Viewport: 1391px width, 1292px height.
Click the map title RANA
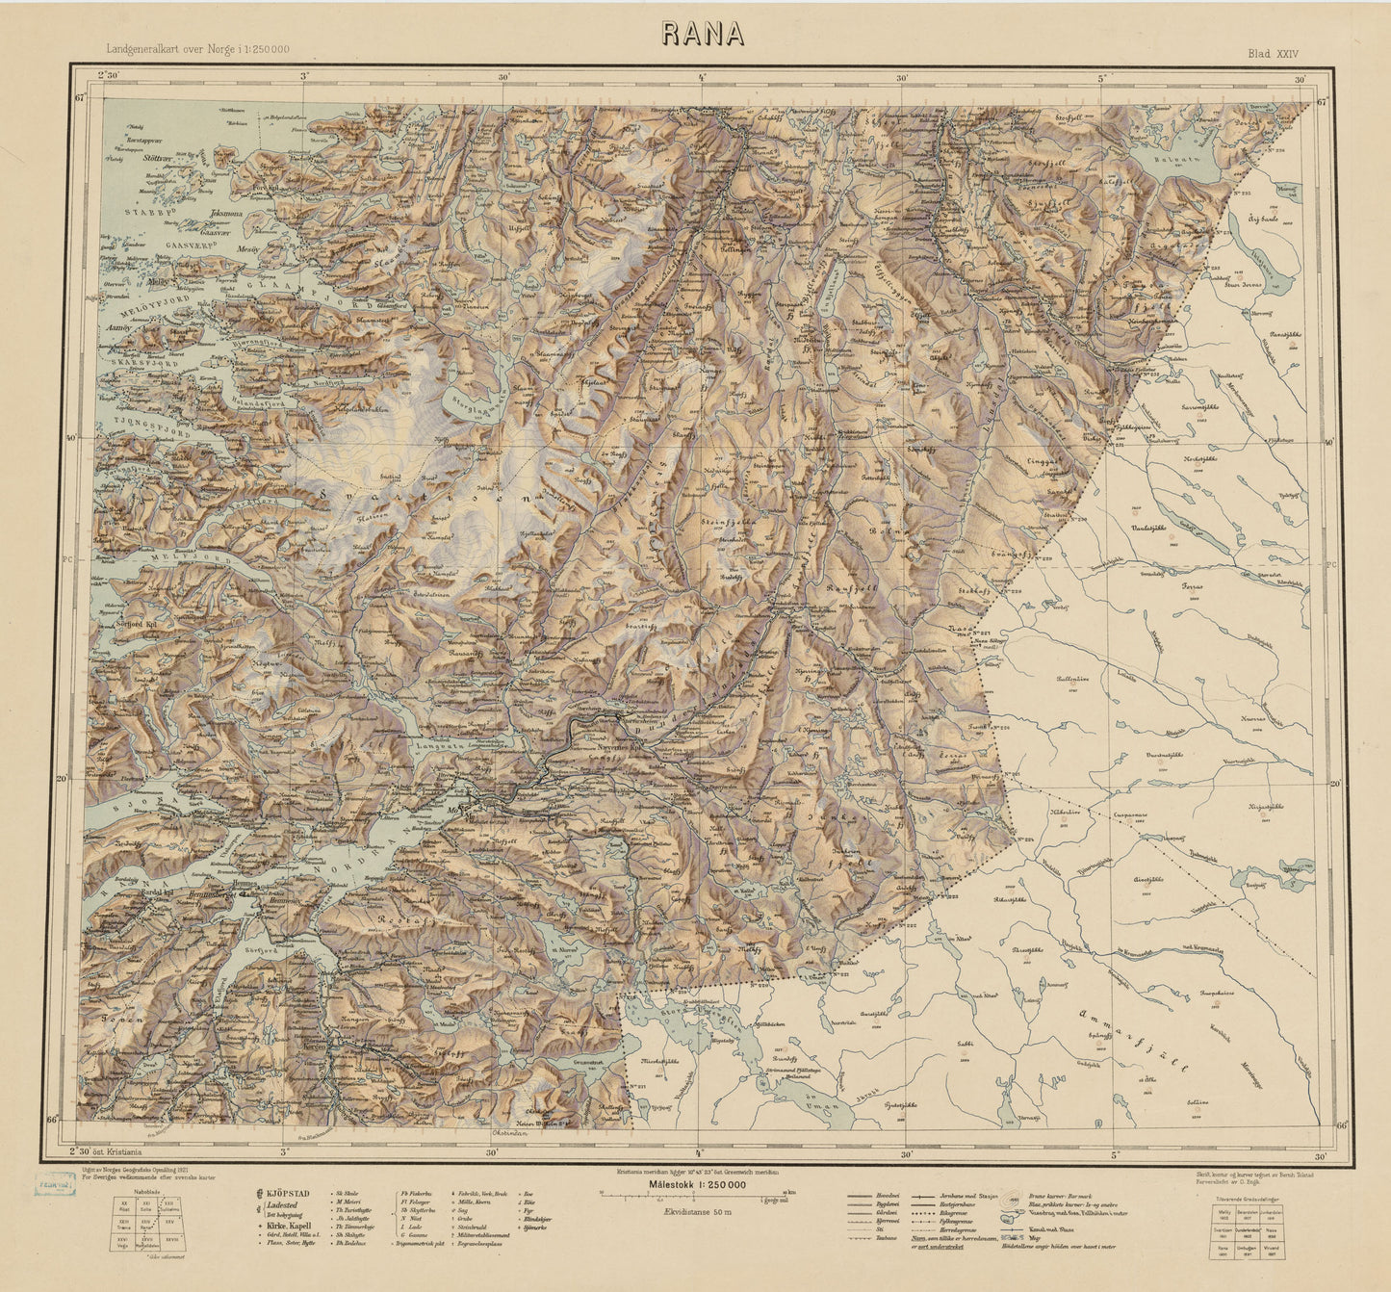pyautogui.click(x=703, y=34)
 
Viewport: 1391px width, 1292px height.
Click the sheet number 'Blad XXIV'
pyautogui.click(x=1279, y=55)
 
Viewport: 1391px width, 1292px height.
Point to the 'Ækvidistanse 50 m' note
pyautogui.click(x=696, y=1212)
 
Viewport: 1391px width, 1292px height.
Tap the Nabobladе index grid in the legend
pyautogui.click(x=147, y=1224)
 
